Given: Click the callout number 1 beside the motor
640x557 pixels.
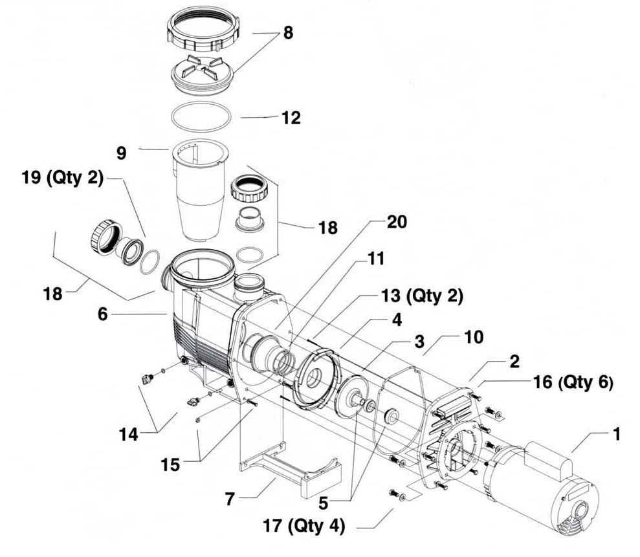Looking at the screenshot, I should (x=616, y=434).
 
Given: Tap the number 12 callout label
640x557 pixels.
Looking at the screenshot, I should (x=291, y=118).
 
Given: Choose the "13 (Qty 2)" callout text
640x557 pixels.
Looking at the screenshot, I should (x=421, y=296).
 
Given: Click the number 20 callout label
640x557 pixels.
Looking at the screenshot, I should (x=397, y=222).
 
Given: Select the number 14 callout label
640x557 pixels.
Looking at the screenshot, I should (x=129, y=435).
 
